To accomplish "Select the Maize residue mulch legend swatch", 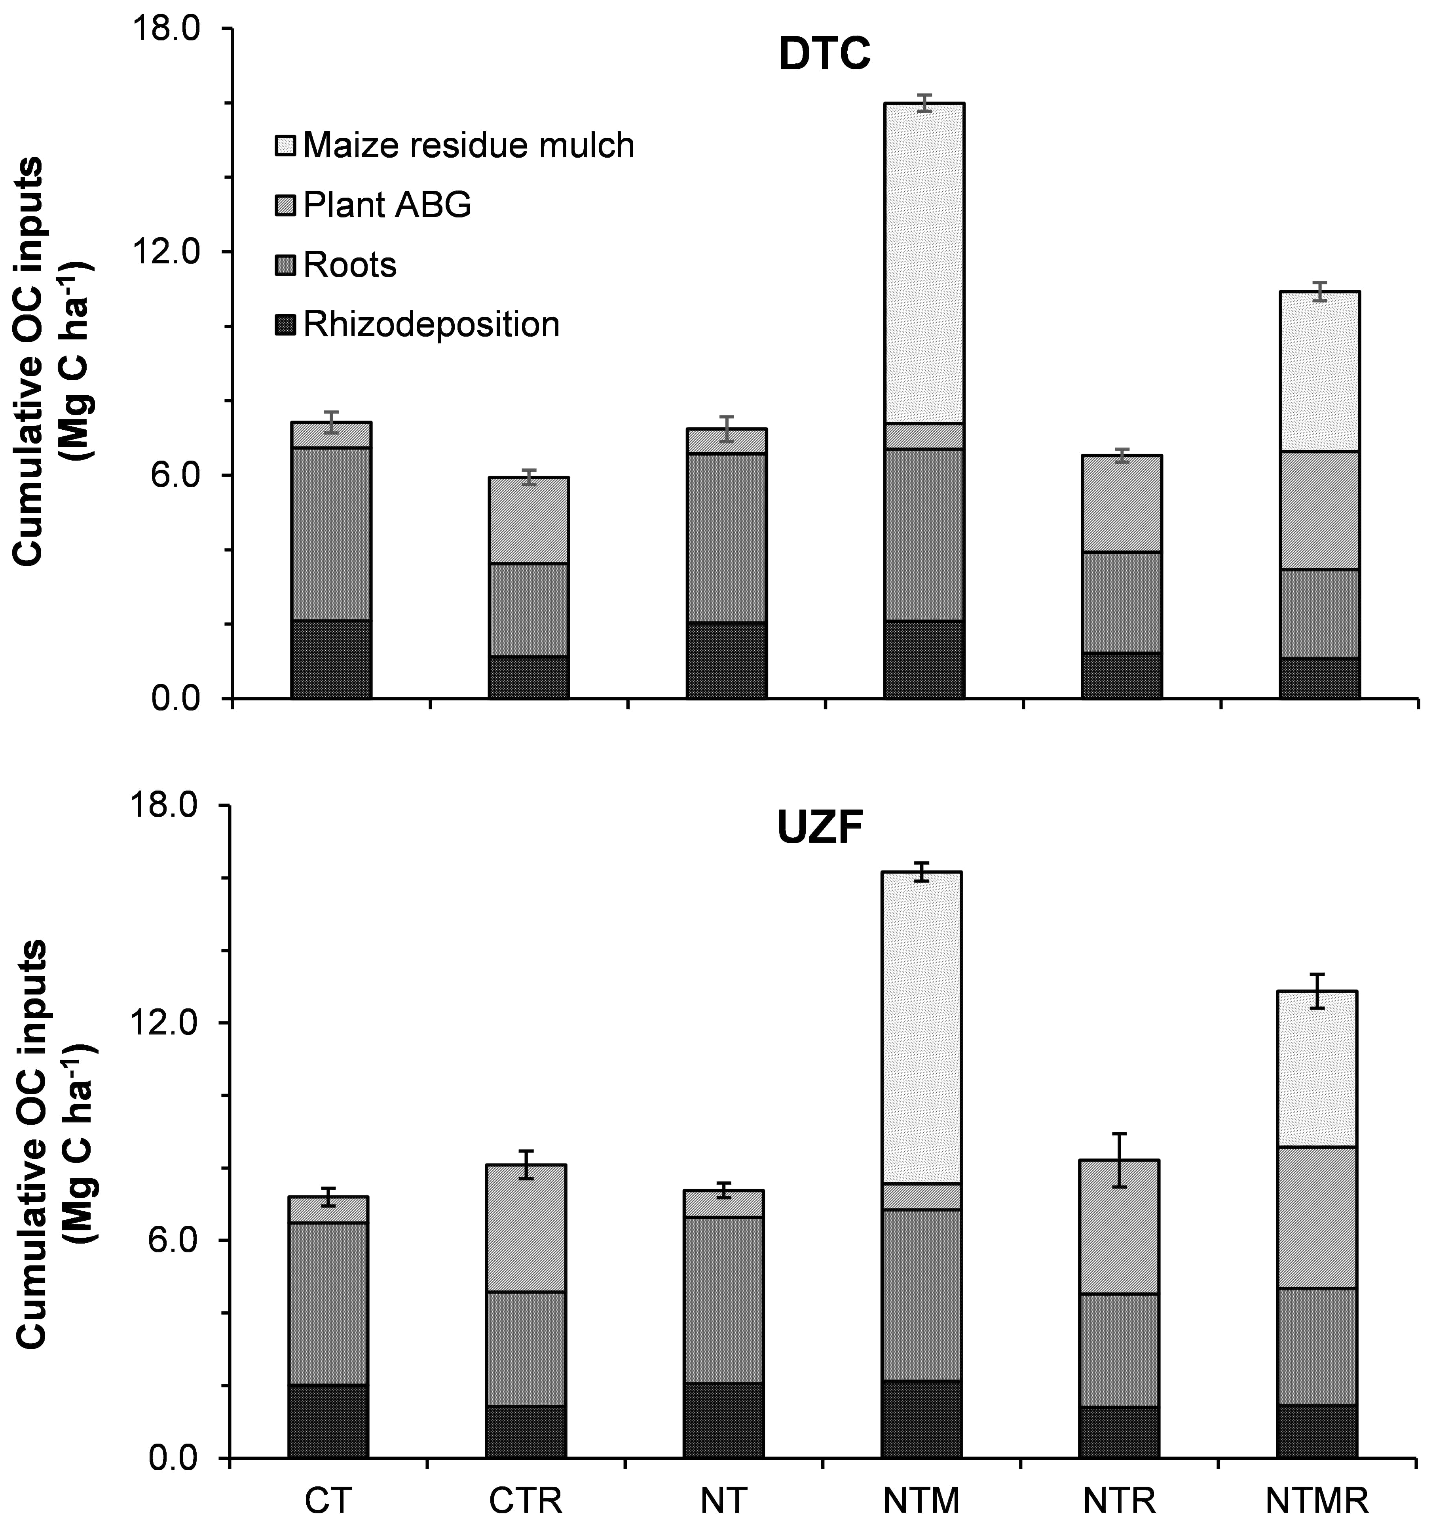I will click(x=285, y=146).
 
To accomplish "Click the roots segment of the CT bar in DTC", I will click(x=330, y=533).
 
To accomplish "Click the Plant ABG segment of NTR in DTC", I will click(x=1121, y=503).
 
